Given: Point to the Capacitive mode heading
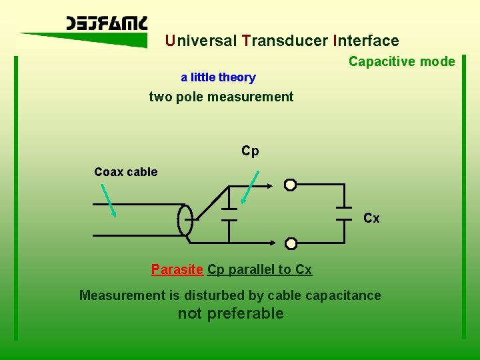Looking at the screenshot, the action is click(x=401, y=62).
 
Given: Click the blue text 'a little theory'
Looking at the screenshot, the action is click(x=218, y=77).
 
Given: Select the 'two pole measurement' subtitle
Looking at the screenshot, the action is click(x=221, y=97).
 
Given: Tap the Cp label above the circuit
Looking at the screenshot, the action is click(x=250, y=151).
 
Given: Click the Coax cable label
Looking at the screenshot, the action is click(x=126, y=172).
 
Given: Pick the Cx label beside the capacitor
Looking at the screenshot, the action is click(x=371, y=218).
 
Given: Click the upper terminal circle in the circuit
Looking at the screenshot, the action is click(x=290, y=185).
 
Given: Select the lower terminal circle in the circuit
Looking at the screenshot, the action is click(x=291, y=244).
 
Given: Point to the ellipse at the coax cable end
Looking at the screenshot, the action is click(x=185, y=220).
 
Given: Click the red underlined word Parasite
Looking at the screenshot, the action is click(x=177, y=269).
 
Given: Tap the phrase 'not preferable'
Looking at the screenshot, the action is click(x=231, y=313).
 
